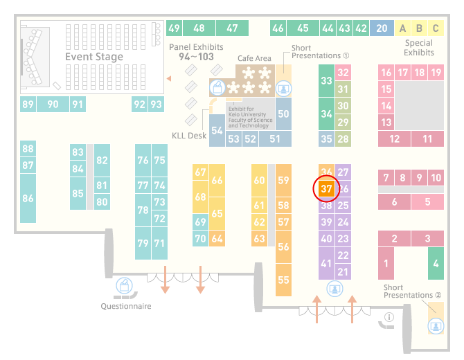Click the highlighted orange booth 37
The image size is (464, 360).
click(x=326, y=189)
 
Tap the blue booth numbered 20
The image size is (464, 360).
click(x=382, y=28)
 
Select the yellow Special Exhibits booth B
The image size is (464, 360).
click(x=419, y=28)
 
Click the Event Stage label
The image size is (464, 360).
click(x=94, y=57)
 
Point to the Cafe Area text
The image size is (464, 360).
click(x=254, y=58)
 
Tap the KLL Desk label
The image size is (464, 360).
click(x=189, y=136)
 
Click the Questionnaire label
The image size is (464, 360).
click(x=126, y=306)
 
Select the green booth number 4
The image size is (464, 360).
click(x=436, y=263)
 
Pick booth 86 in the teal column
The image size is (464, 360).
click(x=28, y=198)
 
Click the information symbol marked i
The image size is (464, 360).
click(x=389, y=317)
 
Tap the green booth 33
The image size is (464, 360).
click(x=326, y=80)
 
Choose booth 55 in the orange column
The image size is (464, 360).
click(x=283, y=280)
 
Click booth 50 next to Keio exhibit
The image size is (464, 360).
click(x=283, y=114)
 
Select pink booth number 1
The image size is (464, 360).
click(x=386, y=263)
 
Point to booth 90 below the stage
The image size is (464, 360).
click(x=53, y=104)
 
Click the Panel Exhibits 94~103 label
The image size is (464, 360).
click(x=196, y=52)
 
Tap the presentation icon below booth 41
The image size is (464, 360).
click(x=334, y=289)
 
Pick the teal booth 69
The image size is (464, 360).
click(x=200, y=222)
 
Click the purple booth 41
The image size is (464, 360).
click(x=326, y=263)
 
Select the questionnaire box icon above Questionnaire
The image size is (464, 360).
click(x=124, y=286)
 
